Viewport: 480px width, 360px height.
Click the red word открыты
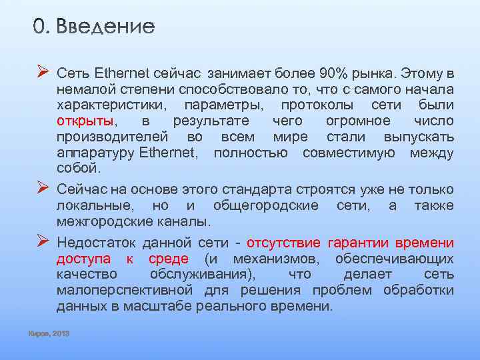pos(85,121)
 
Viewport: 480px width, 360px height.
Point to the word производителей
pos(109,137)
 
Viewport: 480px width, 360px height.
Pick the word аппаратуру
pos(96,153)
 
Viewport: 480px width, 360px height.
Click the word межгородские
pos(100,221)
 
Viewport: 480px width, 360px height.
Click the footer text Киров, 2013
pos(49,333)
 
